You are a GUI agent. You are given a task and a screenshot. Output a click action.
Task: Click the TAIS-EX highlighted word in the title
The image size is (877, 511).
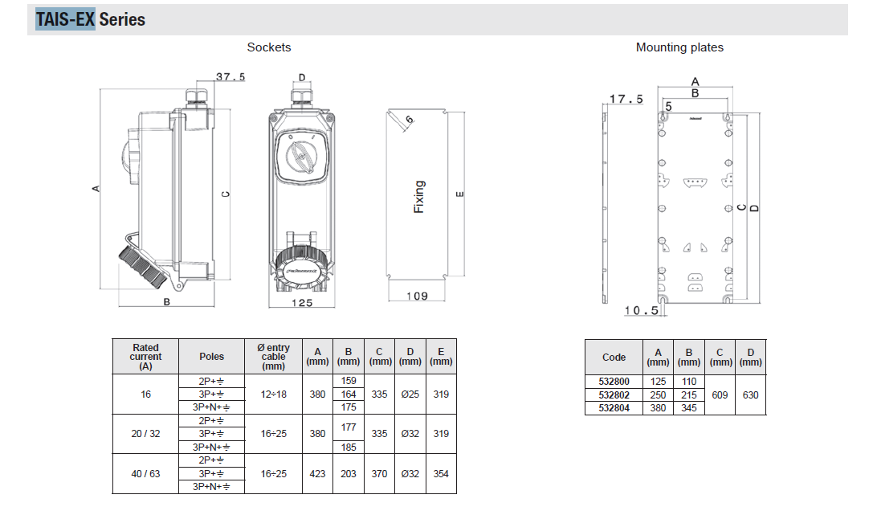click(x=65, y=19)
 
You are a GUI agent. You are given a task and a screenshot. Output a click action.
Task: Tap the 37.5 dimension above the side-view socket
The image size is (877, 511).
click(x=230, y=77)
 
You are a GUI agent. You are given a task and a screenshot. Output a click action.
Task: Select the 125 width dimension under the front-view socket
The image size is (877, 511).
click(x=301, y=303)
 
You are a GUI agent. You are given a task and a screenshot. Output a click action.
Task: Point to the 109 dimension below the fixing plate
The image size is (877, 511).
click(x=416, y=296)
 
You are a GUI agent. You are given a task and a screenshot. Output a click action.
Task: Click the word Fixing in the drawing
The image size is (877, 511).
click(x=418, y=197)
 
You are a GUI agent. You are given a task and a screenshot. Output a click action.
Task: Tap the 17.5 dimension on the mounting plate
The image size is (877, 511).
click(x=626, y=100)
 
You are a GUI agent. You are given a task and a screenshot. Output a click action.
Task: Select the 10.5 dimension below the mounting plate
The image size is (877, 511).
click(x=641, y=310)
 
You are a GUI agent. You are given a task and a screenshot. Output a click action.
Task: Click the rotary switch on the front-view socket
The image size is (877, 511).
click(x=301, y=154)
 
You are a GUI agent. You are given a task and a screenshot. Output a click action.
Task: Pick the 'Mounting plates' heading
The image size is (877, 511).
click(x=679, y=47)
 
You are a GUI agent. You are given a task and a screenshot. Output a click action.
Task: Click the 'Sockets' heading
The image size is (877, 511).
click(x=269, y=47)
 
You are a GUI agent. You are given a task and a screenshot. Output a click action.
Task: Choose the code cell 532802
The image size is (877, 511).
click(x=614, y=394)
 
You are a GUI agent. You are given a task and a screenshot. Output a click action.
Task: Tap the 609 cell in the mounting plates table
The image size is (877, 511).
click(x=720, y=394)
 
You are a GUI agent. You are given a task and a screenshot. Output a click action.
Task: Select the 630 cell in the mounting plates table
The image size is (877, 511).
click(x=750, y=394)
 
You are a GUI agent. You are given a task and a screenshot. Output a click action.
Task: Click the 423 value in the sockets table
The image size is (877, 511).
click(x=317, y=473)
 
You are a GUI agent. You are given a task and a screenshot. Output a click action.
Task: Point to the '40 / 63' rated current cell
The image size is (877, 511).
click(x=145, y=473)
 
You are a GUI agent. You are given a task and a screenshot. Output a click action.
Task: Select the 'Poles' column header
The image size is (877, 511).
click(x=212, y=356)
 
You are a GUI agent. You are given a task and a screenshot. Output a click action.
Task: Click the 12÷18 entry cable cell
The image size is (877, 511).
click(x=274, y=394)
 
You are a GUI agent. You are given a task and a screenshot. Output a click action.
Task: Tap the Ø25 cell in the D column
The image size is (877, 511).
click(x=410, y=394)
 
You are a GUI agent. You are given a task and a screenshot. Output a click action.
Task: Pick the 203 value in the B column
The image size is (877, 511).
click(x=349, y=473)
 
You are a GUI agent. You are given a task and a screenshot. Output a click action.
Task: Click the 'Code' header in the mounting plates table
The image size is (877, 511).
click(x=614, y=358)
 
